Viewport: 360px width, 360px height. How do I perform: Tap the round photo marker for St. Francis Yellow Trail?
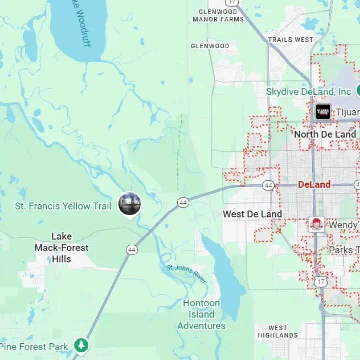point(130,204)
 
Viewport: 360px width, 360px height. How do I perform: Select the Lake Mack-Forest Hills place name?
point(61,248)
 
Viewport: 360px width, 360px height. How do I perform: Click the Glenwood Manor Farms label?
point(218,15)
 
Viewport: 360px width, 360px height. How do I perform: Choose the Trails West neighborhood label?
point(290,39)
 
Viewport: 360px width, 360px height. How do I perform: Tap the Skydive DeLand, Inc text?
point(309,92)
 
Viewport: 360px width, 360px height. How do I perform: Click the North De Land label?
point(325,134)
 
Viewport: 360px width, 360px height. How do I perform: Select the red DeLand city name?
point(314,184)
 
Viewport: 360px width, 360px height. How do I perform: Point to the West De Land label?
point(252,214)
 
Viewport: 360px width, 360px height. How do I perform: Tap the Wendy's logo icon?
point(316,224)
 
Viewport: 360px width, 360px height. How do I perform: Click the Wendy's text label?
point(343,225)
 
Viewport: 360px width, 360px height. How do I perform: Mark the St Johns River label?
point(186,274)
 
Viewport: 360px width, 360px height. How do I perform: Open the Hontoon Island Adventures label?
point(201,314)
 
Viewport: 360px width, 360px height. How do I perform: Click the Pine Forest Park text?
point(34,346)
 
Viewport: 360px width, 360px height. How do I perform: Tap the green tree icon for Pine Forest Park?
point(81,345)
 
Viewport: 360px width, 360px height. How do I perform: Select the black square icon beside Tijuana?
point(323,111)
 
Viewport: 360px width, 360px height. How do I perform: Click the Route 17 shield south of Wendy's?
point(321,281)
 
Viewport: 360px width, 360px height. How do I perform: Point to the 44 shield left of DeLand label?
point(269,185)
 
